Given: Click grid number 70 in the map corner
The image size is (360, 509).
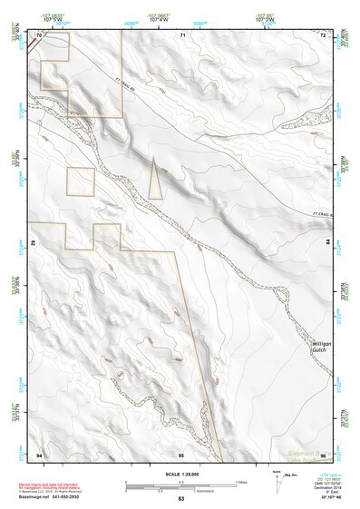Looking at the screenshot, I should pyautogui.click(x=39, y=35).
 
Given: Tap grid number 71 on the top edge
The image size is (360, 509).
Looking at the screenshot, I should pyautogui.click(x=182, y=35).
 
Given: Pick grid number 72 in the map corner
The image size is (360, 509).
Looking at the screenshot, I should pyautogui.click(x=324, y=35).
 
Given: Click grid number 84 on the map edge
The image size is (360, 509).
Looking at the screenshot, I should pyautogui.click(x=327, y=243).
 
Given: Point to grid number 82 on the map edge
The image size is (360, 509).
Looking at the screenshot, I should pyautogui.click(x=35, y=244).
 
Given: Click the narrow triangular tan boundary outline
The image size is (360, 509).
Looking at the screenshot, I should pyautogui.click(x=155, y=179).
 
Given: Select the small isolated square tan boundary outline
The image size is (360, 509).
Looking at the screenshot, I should pyautogui.click(x=81, y=181).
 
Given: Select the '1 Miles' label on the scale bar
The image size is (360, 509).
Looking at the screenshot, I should pyautogui.click(x=239, y=481).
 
